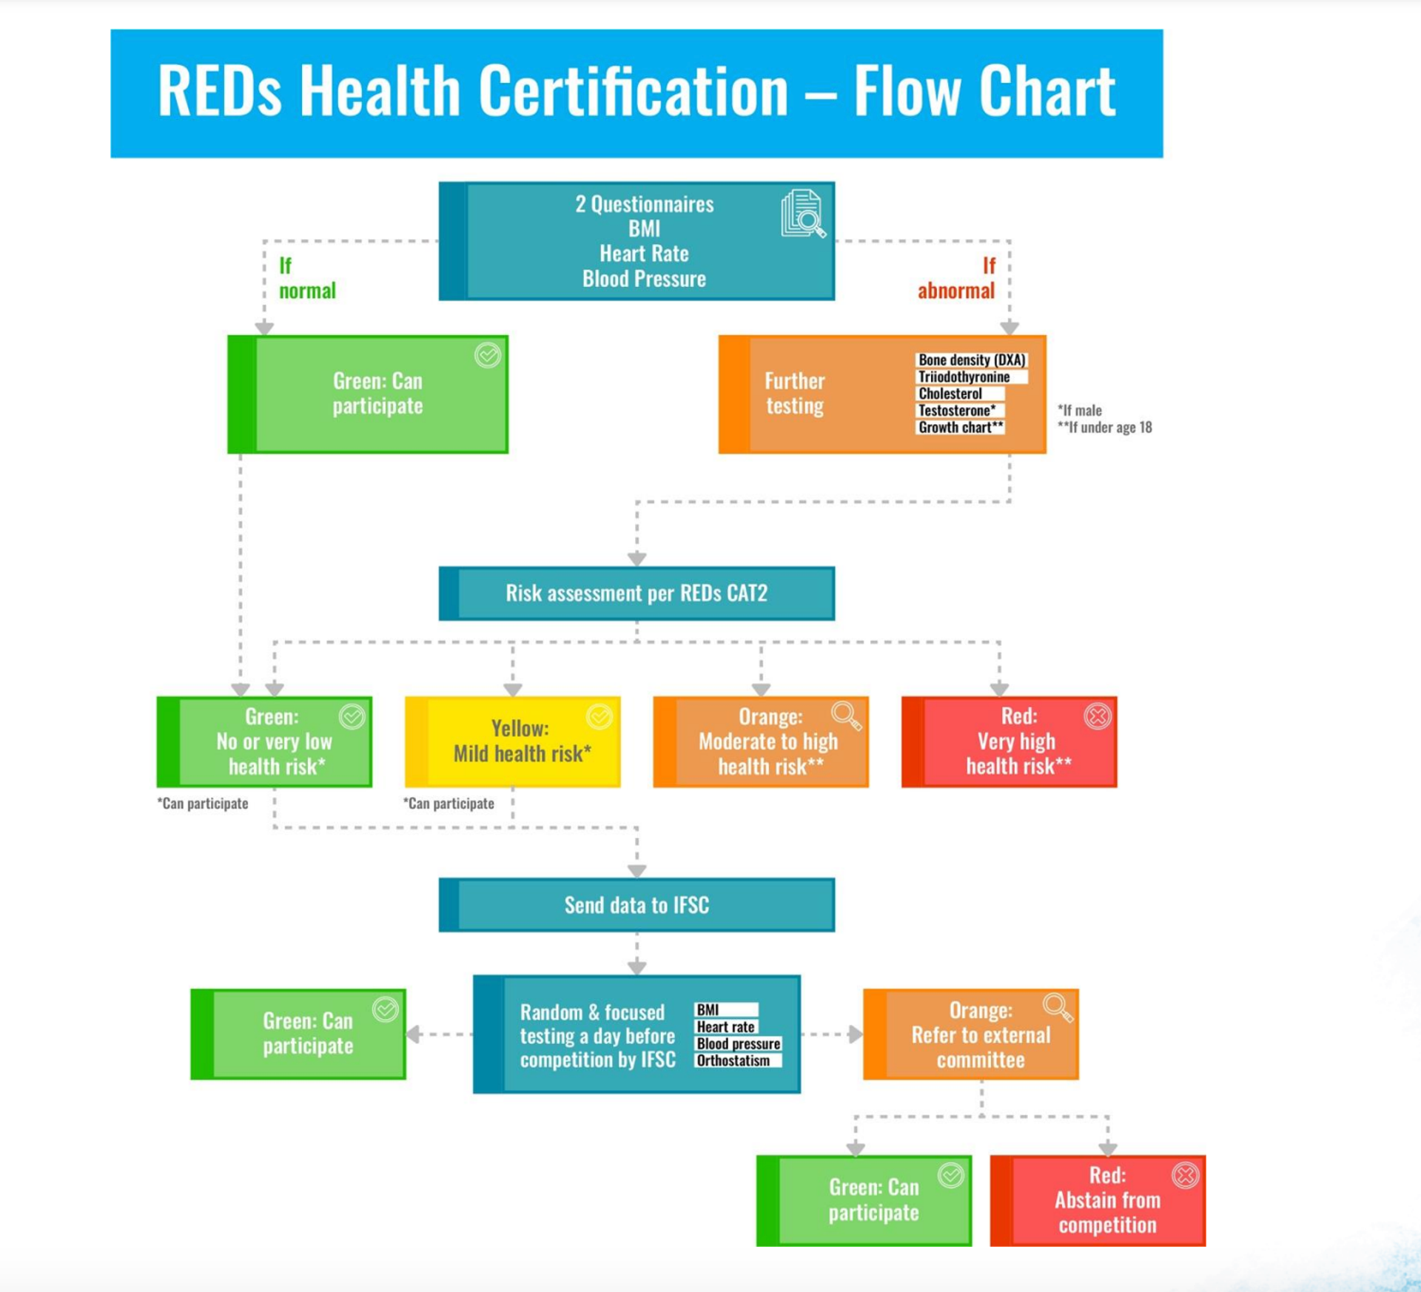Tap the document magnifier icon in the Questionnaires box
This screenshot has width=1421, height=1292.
tap(802, 215)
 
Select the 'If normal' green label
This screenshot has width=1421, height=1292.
tap(306, 278)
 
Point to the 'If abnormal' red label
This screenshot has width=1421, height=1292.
tap(957, 278)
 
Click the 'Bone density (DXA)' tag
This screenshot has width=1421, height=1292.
tap(972, 360)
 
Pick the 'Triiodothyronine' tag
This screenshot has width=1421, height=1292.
tap(964, 377)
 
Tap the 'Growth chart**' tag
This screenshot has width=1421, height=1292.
tap(960, 428)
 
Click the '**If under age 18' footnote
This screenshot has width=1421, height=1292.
tap(1104, 428)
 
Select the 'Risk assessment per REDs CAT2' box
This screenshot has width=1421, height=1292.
tap(636, 593)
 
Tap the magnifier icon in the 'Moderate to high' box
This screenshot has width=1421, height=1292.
tap(846, 716)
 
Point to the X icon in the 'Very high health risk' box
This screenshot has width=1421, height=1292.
tap(1098, 716)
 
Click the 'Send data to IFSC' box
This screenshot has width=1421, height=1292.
tap(636, 905)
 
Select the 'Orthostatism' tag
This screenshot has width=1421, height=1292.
tap(733, 1061)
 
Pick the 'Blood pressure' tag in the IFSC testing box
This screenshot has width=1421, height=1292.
tap(738, 1044)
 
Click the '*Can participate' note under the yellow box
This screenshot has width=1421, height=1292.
tap(449, 804)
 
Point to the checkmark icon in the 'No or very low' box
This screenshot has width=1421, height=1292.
tap(352, 716)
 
